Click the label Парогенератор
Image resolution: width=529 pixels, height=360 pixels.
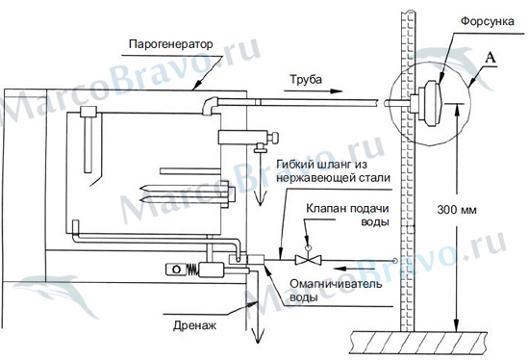(170, 44)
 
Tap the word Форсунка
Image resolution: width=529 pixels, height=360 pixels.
(488, 22)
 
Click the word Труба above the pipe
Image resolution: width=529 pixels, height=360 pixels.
(306, 80)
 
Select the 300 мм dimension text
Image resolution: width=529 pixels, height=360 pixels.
(457, 210)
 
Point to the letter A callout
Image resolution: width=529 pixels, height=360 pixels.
(491, 58)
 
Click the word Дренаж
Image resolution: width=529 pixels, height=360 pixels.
(194, 325)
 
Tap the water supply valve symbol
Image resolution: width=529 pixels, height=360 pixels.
(308, 258)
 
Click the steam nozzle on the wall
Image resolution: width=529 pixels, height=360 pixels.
(429, 103)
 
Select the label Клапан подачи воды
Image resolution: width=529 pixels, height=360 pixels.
(348, 215)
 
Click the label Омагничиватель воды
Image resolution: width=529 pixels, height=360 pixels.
(336, 290)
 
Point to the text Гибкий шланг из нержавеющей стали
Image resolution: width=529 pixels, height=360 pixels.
(334, 171)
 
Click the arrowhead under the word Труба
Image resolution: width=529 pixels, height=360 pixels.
(336, 91)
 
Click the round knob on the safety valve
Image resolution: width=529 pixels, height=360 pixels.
(274, 138)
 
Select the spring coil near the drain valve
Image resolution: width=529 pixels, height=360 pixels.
(192, 270)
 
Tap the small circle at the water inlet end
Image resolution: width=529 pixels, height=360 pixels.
(394, 261)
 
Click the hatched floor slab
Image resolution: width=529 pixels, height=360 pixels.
(418, 343)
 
